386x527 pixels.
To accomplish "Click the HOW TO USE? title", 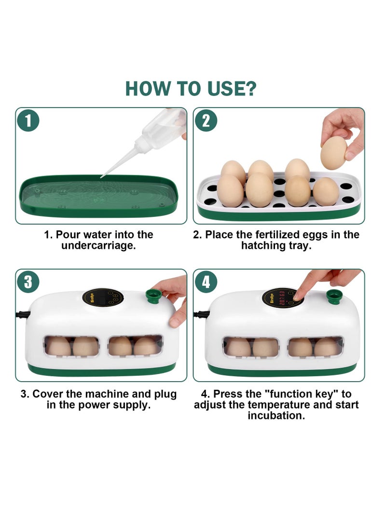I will coord(191,88).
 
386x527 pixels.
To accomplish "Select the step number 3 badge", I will coord(28,282).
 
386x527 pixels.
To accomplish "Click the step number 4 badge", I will coord(206,282).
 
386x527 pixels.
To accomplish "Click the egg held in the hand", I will coord(333,153).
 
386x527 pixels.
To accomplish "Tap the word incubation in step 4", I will coord(276,415).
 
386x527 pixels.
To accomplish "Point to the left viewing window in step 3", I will coord(71,346).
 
